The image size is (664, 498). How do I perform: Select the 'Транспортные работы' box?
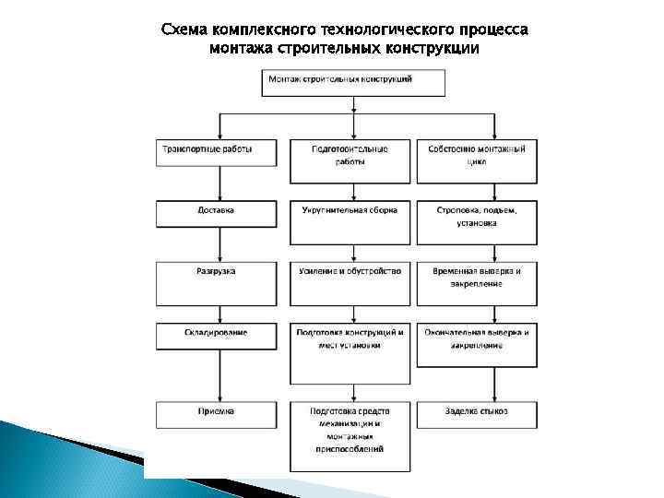pyautogui.click(x=216, y=152)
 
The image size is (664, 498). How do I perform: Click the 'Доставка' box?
pyautogui.click(x=216, y=214)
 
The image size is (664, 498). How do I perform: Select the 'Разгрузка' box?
pyautogui.click(x=216, y=277)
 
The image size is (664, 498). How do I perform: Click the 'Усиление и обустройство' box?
pyautogui.click(x=350, y=285)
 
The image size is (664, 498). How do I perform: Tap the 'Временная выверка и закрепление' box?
pyautogui.click(x=476, y=285)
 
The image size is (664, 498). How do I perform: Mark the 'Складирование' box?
pyautogui.click(x=216, y=336)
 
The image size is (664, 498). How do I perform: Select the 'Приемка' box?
pyautogui.click(x=216, y=415)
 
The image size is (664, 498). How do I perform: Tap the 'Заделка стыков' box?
pyautogui.click(x=476, y=415)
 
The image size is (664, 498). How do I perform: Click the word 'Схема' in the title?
pyautogui.click(x=184, y=30)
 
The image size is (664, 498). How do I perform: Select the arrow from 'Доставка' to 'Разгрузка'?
pyautogui.click(x=219, y=244)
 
